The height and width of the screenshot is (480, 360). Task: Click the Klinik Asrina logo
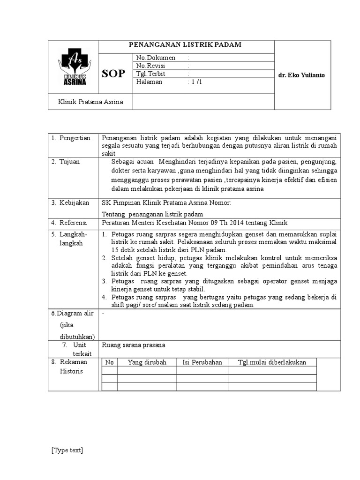73,68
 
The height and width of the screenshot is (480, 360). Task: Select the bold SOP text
113,74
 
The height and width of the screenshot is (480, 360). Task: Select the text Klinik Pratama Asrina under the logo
90,102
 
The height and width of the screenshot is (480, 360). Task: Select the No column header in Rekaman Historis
109,362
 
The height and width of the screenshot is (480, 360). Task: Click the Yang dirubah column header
147,362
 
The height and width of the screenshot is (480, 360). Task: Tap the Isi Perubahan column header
202,362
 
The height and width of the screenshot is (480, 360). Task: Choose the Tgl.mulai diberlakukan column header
272,362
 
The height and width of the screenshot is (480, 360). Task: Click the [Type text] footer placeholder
67,450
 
